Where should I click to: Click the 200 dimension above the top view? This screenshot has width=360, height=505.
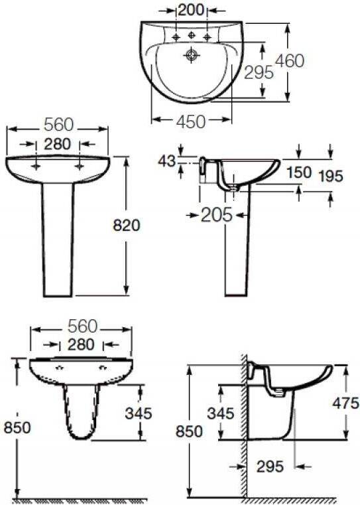191,10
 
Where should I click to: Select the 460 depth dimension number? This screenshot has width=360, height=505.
290,60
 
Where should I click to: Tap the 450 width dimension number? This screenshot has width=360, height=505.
191,121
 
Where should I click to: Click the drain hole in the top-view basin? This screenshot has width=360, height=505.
192,55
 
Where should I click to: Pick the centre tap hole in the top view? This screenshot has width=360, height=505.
192,35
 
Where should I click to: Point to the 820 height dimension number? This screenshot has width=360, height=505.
127,226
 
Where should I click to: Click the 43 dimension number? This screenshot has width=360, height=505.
166,161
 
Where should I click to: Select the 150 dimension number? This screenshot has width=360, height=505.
299,173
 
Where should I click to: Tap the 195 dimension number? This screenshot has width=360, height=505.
330,176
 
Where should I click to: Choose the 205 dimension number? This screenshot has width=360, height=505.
217,215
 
